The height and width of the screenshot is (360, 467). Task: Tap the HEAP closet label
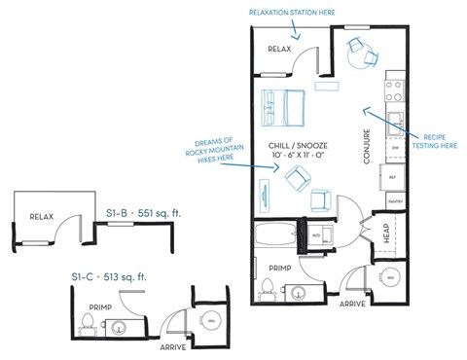(386, 233)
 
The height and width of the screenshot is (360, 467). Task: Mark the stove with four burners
(395, 90)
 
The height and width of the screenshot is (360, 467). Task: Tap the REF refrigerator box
(394, 178)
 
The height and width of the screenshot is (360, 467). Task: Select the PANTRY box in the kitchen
(395, 200)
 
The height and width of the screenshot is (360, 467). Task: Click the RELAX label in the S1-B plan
(40, 216)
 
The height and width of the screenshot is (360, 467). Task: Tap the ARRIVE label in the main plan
(352, 304)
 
